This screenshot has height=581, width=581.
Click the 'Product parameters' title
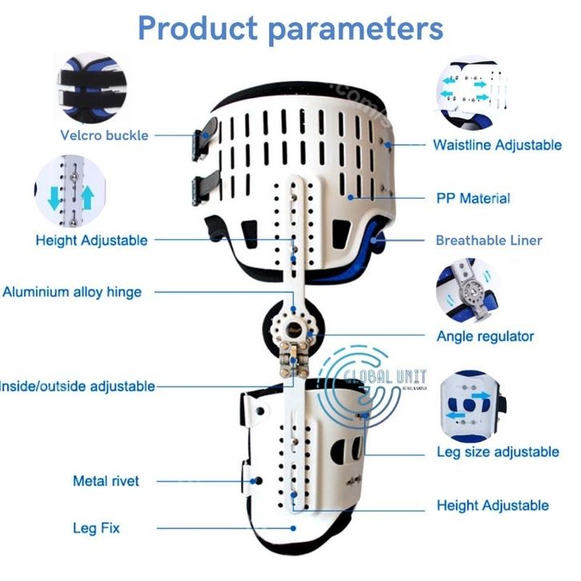point(290,29)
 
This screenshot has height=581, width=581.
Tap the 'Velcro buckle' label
point(104,135)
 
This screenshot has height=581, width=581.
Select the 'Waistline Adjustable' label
point(496,145)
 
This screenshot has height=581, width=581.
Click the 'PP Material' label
point(473,198)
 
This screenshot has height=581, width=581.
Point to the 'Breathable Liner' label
point(488,240)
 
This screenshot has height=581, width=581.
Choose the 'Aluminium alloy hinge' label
point(72,292)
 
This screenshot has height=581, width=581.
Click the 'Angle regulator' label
point(485,336)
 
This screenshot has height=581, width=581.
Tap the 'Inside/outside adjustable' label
point(78,386)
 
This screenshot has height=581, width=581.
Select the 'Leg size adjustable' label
point(497,452)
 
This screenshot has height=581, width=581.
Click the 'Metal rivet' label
point(106,481)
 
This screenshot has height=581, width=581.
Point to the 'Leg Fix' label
point(97,527)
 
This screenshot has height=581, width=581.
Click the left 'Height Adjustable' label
point(91,240)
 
